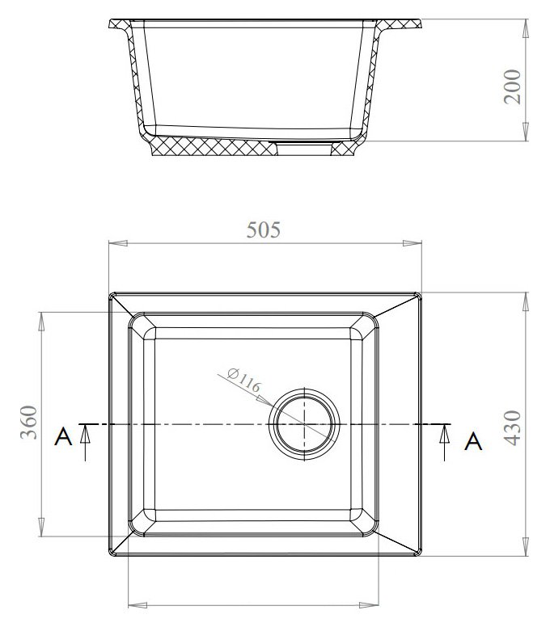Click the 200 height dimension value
click(512, 86)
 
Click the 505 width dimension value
click(264, 230)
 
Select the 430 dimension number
click(513, 427)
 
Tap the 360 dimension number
click(29, 423)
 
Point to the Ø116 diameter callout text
click(243, 379)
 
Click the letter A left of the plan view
click(63, 436)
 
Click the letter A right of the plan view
click(473, 441)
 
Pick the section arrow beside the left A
click(84, 443)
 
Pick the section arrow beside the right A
click(444, 443)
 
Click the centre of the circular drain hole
click(304, 424)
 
